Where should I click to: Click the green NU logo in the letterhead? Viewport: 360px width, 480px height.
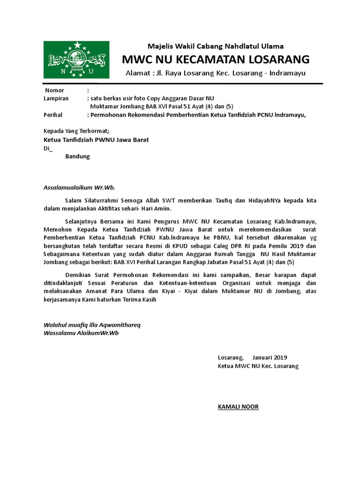(x=77, y=60)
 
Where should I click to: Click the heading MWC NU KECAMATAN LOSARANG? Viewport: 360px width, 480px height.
(x=216, y=60)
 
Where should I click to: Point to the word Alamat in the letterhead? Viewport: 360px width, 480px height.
(x=138, y=74)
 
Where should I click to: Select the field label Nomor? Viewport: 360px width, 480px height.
(x=54, y=90)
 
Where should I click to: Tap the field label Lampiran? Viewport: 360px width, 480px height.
(x=56, y=98)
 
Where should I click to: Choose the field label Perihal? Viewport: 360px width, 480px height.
(x=53, y=114)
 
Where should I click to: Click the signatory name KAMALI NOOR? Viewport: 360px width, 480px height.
(x=238, y=406)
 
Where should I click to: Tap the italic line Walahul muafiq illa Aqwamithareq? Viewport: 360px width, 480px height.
(x=91, y=325)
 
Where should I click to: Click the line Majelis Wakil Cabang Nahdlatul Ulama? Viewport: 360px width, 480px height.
(x=216, y=46)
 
